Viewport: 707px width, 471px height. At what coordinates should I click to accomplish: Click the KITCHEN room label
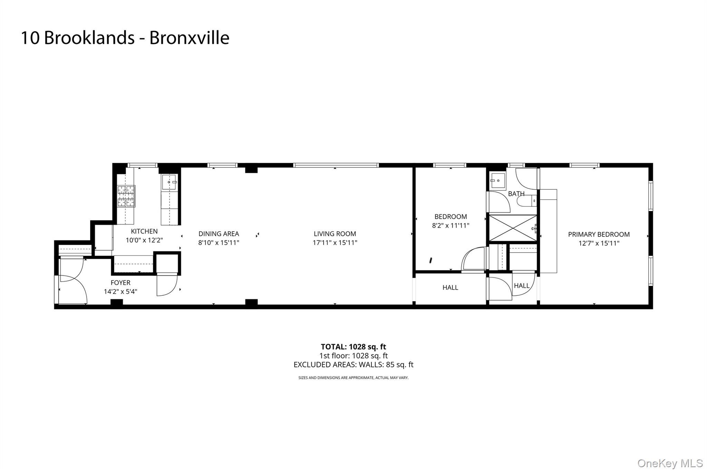click(144, 231)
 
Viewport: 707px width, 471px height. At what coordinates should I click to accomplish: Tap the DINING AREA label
click(219, 234)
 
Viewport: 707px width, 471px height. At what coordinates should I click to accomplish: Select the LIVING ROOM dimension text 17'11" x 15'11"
click(335, 243)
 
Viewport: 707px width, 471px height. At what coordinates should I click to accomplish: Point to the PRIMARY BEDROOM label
click(599, 234)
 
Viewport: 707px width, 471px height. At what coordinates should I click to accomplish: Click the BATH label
click(516, 194)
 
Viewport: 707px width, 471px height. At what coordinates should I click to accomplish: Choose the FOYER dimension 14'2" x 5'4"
click(120, 292)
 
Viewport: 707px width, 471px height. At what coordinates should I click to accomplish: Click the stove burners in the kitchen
click(126, 196)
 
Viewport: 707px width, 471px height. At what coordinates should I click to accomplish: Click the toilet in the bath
click(528, 200)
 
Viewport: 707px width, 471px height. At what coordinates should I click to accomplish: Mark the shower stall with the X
click(513, 228)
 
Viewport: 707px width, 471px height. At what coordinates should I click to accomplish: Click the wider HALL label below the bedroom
click(450, 287)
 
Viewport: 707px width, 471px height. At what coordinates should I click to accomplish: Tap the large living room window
click(336, 165)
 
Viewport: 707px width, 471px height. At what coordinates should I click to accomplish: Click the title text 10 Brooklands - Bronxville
click(125, 38)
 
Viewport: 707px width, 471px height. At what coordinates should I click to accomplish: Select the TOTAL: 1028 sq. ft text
click(353, 347)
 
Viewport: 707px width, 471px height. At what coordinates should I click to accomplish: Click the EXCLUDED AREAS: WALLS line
click(353, 365)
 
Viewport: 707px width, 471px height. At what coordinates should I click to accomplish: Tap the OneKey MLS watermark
click(670, 463)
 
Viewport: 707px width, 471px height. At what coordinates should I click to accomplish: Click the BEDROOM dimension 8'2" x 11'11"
click(451, 226)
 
